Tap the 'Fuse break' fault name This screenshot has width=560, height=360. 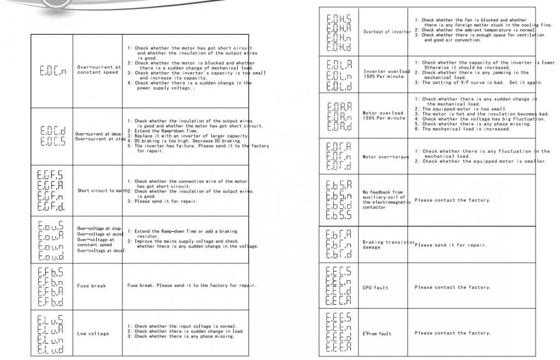(x=91, y=286)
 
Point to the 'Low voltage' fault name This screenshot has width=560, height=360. (x=93, y=333)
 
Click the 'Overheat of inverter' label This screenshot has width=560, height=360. (x=387, y=32)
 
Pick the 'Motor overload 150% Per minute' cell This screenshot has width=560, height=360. (x=384, y=116)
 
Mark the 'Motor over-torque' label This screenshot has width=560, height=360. (x=386, y=157)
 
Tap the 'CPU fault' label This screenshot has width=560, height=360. (x=374, y=287)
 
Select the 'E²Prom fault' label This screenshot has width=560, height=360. (x=377, y=333)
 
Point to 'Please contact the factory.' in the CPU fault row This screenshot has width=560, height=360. (x=452, y=287)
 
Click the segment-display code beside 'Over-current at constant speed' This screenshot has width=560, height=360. (x=53, y=70)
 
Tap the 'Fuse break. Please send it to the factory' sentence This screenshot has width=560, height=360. (x=191, y=286)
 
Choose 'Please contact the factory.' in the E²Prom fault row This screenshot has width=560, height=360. (x=452, y=333)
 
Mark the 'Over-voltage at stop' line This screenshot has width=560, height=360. (x=99, y=228)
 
